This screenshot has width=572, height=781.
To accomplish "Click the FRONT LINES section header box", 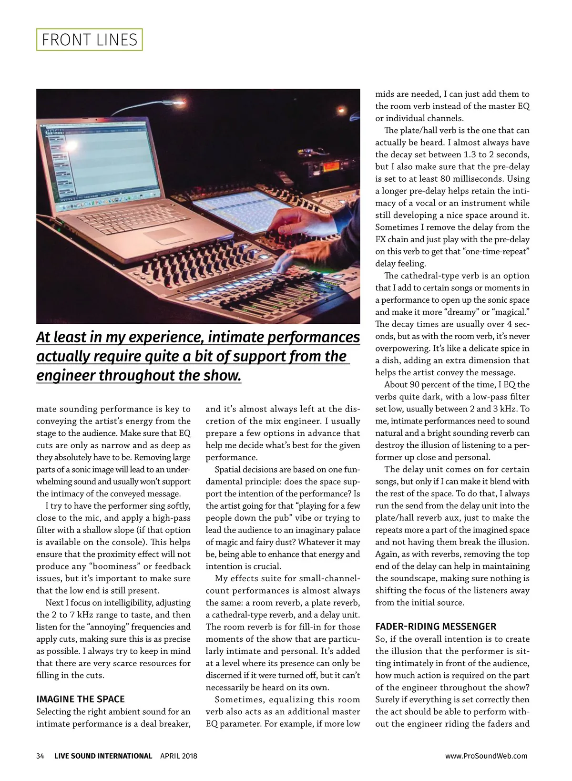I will tap(90, 40).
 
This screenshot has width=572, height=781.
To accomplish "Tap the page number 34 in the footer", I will tap(40, 756).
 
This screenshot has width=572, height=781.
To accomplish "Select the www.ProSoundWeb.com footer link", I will tap(486, 756).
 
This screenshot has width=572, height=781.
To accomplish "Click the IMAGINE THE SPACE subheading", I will tap(81, 699).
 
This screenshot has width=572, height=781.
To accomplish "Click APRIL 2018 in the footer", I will tap(179, 756).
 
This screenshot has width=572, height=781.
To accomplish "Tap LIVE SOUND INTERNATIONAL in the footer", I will tap(103, 756).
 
